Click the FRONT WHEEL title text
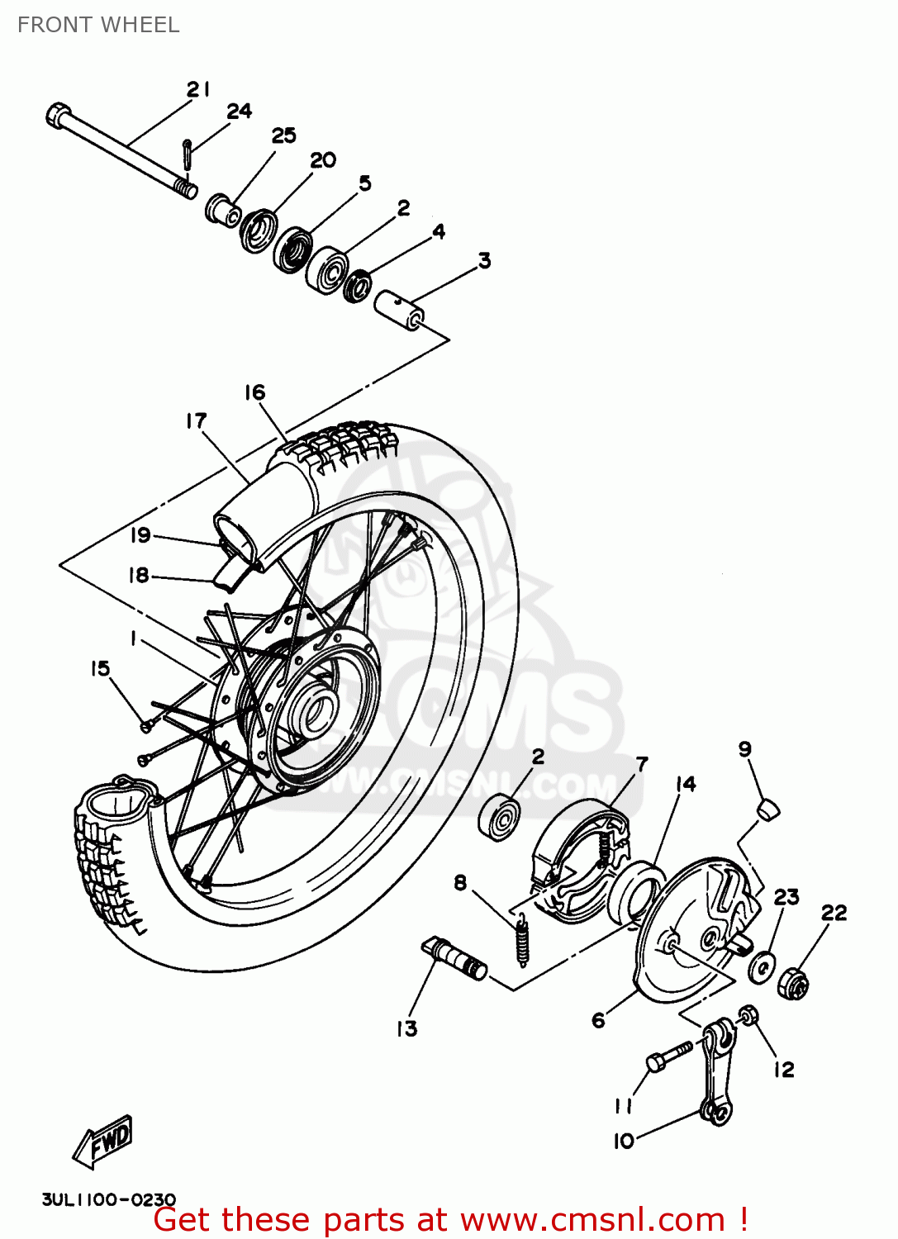[98, 25]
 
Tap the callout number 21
[198, 89]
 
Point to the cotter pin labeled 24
[188, 154]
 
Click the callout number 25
[283, 135]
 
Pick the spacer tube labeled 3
[401, 309]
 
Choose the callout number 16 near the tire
[254, 392]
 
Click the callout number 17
[196, 421]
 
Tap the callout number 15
[100, 668]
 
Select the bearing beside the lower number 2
[499, 817]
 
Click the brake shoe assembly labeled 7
[578, 859]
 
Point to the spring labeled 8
[522, 938]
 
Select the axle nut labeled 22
[793, 983]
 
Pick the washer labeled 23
[761, 966]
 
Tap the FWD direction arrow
[103, 1142]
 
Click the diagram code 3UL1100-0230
[108, 1199]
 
